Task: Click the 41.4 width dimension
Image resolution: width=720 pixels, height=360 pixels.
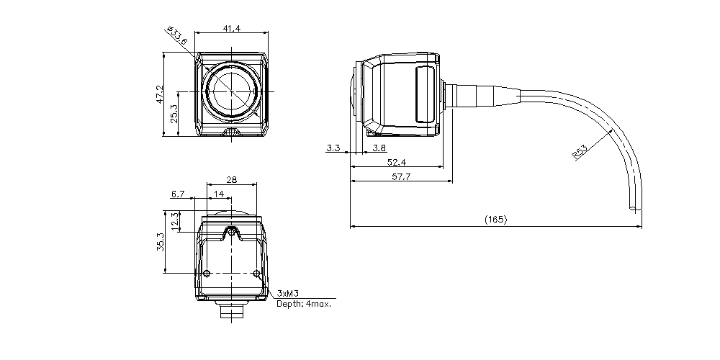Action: [x=231, y=29]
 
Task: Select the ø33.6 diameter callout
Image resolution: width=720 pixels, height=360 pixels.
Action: [x=177, y=35]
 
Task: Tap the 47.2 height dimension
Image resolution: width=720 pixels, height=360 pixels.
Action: [x=160, y=94]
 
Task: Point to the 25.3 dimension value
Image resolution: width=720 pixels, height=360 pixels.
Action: [x=174, y=114]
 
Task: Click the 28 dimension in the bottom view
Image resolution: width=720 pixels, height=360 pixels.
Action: [x=232, y=180]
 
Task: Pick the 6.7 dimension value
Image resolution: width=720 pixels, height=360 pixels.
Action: [x=178, y=194]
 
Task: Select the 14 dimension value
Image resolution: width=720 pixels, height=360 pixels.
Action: [x=219, y=194]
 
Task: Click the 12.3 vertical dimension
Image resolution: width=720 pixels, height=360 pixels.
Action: [x=174, y=221]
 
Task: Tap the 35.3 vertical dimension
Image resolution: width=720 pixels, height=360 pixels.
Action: [x=160, y=242]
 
